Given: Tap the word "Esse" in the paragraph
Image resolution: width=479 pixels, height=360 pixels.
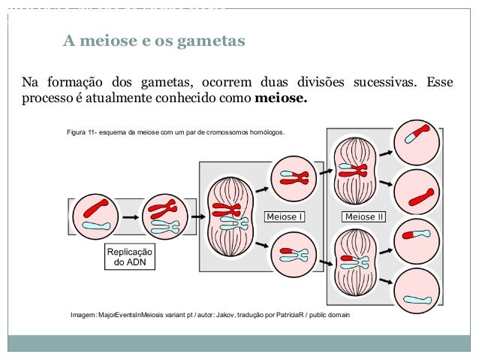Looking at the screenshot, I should click(x=441, y=81).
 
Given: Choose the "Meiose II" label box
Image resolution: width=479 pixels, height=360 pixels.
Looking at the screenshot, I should click(x=364, y=216).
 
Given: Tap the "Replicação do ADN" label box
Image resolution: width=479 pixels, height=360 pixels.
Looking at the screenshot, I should click(x=130, y=257).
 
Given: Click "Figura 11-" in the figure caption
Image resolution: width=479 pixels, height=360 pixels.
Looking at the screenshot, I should click(x=84, y=132).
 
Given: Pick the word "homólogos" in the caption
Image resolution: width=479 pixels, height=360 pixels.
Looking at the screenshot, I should click(x=267, y=132).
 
